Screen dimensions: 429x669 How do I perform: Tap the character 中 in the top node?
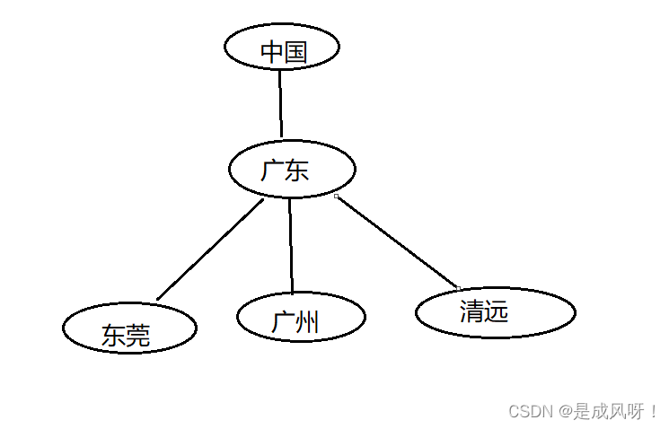coord(272,52)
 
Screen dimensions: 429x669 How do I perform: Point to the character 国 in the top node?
coord(296,52)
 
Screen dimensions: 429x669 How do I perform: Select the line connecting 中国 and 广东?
coord(280,102)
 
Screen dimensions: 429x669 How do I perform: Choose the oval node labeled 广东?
coord(292,169)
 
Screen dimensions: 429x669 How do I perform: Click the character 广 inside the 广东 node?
coord(273,171)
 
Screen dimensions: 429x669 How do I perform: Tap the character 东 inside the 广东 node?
coord(297,171)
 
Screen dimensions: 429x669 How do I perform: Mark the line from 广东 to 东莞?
coord(210,250)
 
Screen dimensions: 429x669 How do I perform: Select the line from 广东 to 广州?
coord(291,244)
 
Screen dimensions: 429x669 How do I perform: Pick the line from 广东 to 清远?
coord(397,241)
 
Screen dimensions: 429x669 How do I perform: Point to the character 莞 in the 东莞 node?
coord(138,336)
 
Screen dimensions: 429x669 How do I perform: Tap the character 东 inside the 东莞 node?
coord(113,336)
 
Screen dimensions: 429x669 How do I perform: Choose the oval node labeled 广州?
coord(301,317)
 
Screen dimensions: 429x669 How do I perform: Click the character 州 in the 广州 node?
coord(307,322)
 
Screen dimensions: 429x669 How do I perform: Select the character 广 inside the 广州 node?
coord(283,322)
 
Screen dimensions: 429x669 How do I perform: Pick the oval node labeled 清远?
coord(496,312)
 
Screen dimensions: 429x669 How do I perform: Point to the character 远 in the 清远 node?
coord(497,311)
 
